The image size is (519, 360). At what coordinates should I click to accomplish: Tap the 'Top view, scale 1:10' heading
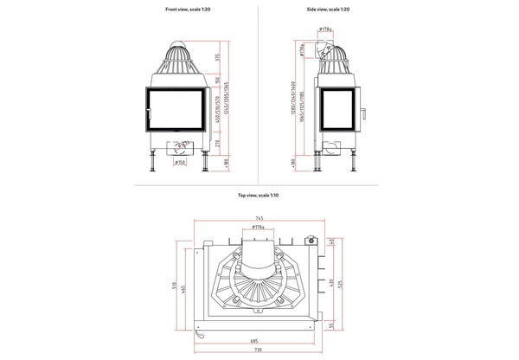(x=258, y=196)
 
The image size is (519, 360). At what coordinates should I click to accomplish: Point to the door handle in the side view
(x=362, y=112)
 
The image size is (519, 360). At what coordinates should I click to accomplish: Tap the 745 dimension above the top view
(x=258, y=217)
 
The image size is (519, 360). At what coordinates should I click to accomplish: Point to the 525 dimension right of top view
(x=343, y=283)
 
